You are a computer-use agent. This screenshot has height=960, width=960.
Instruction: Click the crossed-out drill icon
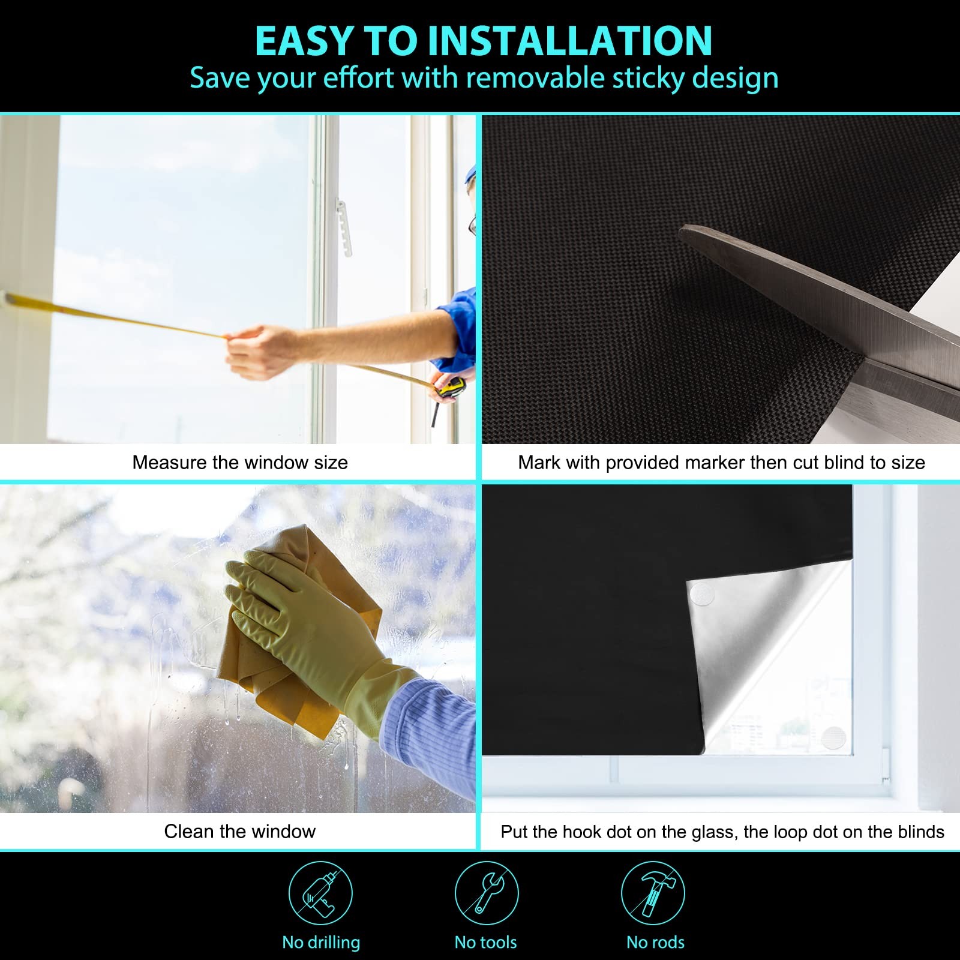320,893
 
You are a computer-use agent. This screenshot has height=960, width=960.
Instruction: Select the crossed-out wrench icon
486,893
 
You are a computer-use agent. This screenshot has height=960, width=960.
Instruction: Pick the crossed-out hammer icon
653,893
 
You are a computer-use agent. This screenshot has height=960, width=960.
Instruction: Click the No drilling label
321,943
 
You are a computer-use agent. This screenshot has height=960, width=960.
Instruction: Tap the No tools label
485,943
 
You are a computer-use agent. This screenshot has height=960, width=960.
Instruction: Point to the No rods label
655,943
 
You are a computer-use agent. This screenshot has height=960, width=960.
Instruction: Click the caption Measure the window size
240,463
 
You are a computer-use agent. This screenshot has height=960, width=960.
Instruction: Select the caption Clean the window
240,831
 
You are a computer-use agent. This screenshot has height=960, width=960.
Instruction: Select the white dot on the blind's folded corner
703,594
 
